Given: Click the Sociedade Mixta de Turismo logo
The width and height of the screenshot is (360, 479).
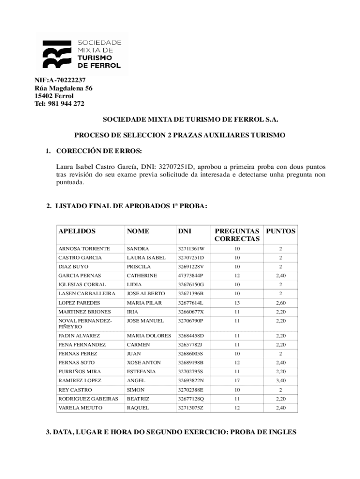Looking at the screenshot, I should [x=82, y=54].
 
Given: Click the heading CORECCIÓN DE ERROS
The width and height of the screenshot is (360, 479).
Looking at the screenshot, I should [x=98, y=151].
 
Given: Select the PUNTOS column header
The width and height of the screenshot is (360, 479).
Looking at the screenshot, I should [x=281, y=231].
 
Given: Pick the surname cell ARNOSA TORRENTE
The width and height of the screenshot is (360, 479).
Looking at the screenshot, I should [x=84, y=249].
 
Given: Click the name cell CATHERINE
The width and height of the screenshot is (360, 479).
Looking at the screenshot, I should [x=142, y=276].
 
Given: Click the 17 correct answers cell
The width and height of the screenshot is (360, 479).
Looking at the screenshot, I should [x=237, y=381].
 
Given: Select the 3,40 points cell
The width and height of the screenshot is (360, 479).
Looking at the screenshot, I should [x=281, y=381].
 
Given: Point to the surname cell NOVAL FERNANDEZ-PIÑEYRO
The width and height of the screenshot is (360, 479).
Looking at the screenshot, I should [x=85, y=324].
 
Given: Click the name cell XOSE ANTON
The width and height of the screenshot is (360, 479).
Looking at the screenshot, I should [x=144, y=363].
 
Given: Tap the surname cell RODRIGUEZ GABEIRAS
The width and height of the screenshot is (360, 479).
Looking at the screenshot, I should [x=88, y=399].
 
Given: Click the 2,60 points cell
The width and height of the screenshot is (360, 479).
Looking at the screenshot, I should [x=281, y=303].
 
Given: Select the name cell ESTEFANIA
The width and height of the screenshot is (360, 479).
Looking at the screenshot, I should [x=141, y=372].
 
